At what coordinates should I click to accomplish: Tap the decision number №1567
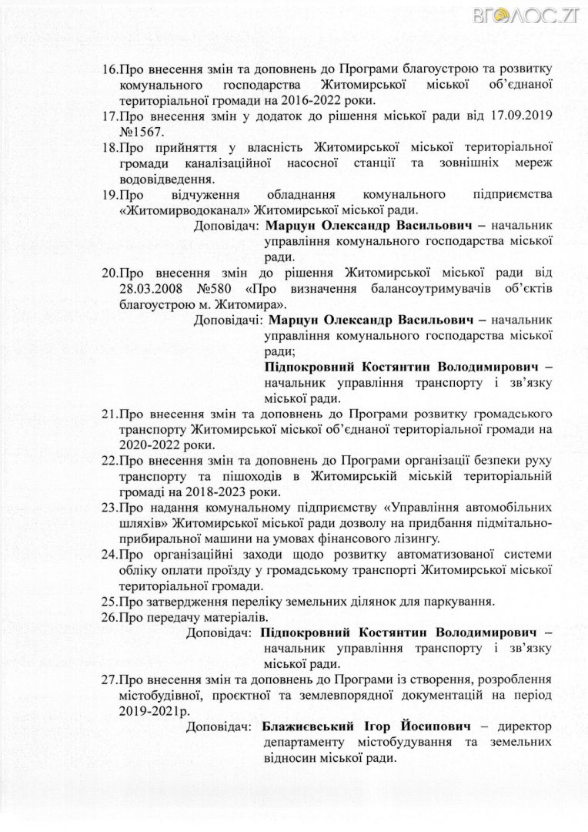pyautogui.click(x=142, y=131)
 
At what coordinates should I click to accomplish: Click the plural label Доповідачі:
pyautogui.click(x=229, y=319)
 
